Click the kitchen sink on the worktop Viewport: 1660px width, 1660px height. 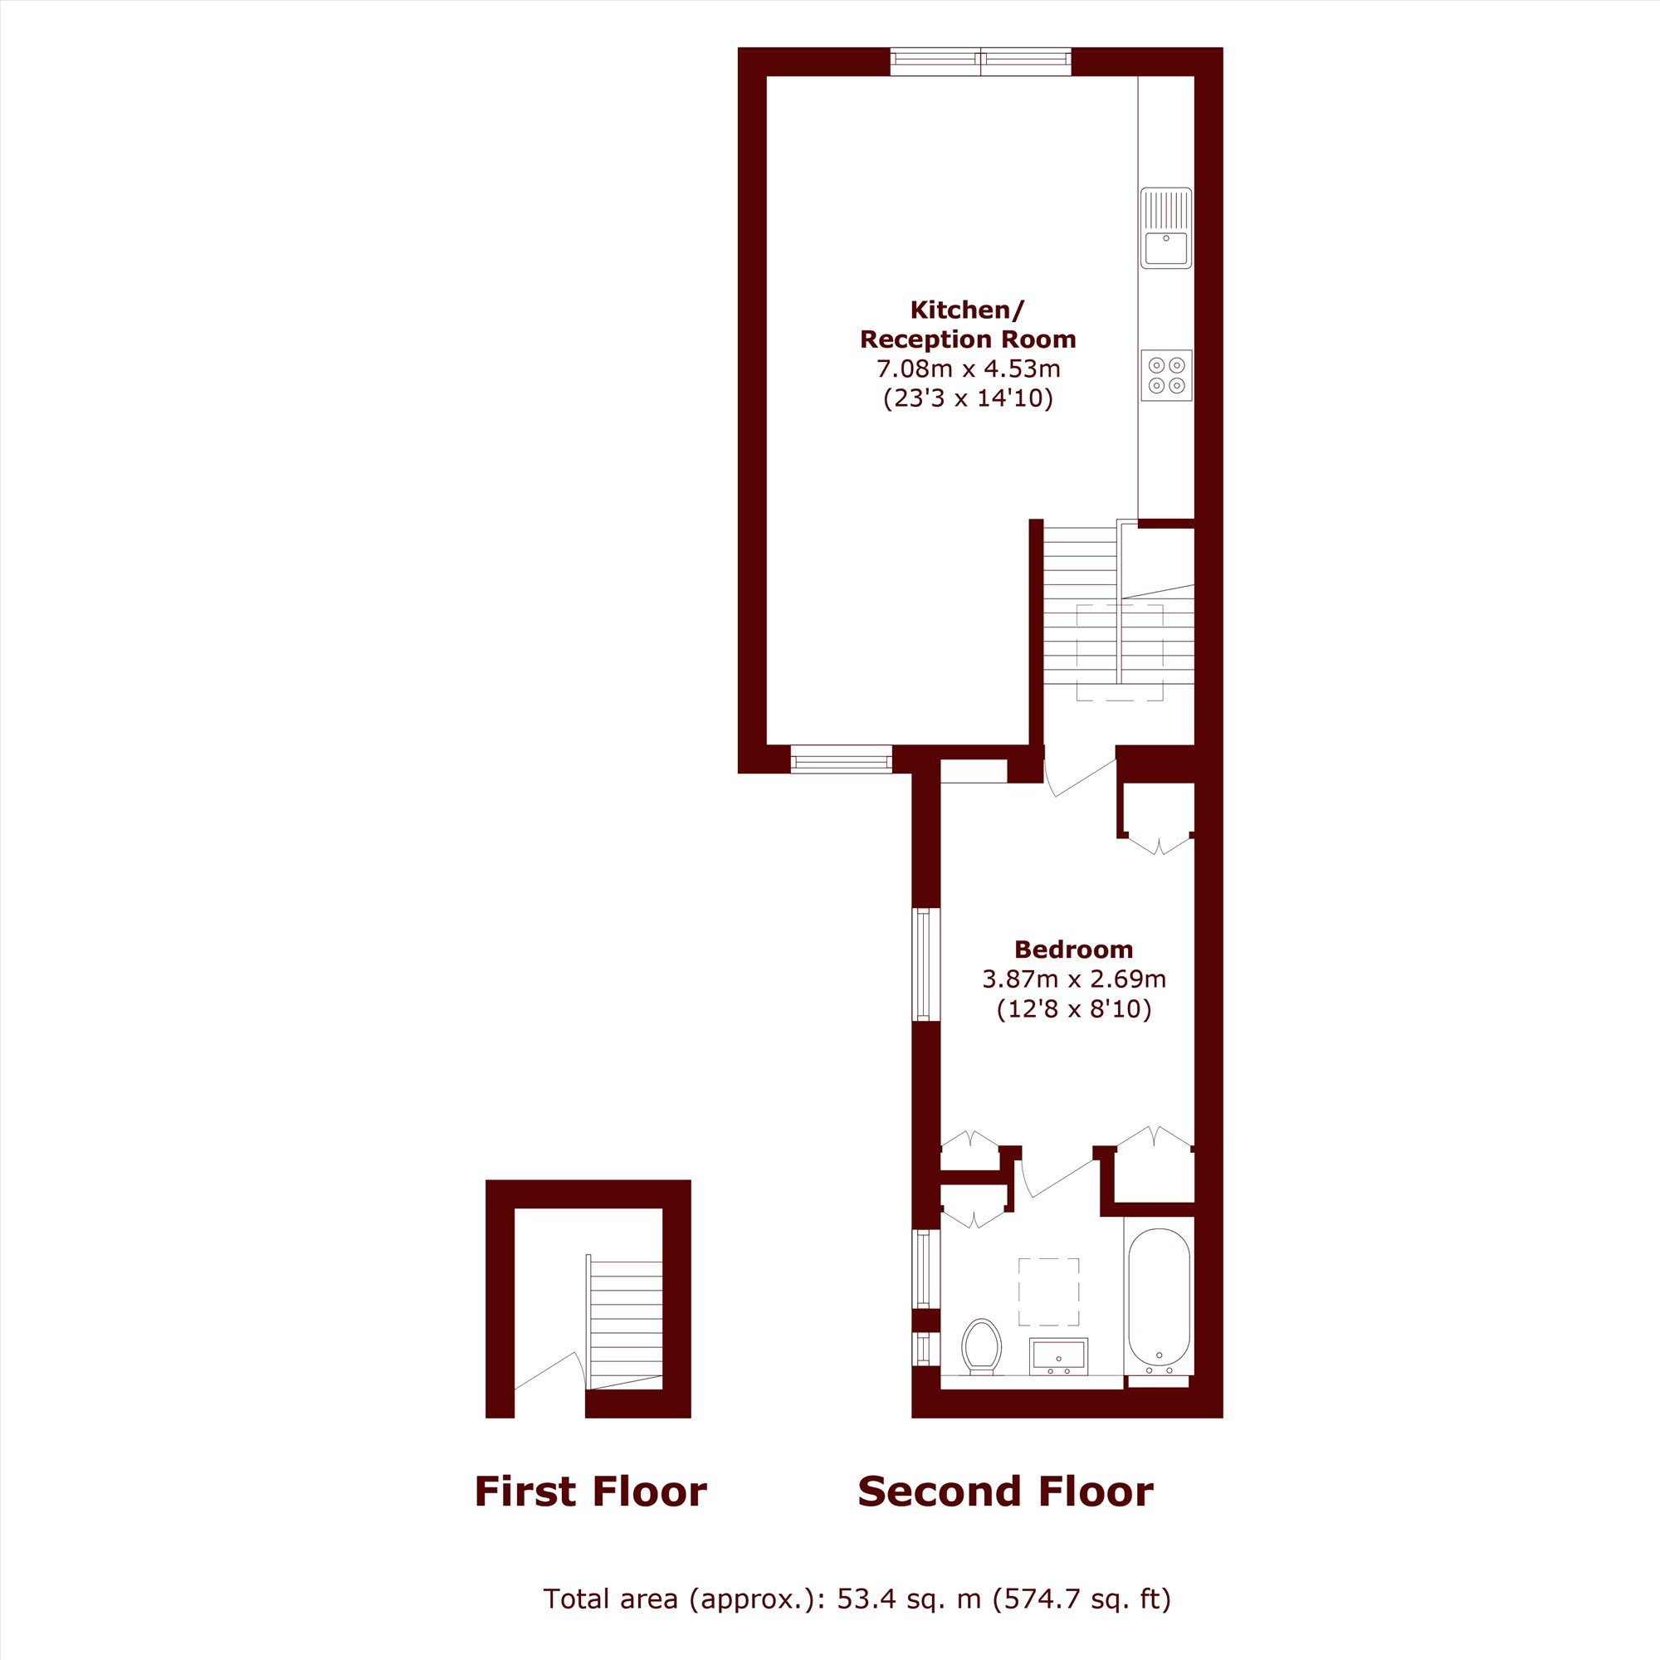pyautogui.click(x=1166, y=227)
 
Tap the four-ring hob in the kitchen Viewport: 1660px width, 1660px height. pyautogui.click(x=1167, y=375)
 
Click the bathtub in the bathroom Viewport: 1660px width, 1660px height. pyautogui.click(x=1159, y=1298)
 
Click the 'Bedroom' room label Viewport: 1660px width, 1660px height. pyautogui.click(x=1073, y=950)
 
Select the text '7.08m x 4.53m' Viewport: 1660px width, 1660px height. pyautogui.click(x=969, y=369)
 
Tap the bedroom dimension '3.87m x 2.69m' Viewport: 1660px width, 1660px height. pyautogui.click(x=1074, y=979)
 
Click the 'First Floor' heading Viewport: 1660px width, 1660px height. pyautogui.click(x=590, y=1492)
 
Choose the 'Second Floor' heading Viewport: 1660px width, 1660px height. pyautogui.click(x=1005, y=1492)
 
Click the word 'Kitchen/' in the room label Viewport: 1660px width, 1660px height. pyautogui.click(x=968, y=310)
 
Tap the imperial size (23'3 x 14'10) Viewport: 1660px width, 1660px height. pyautogui.click(x=969, y=398)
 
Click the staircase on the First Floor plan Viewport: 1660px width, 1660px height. pyautogui.click(x=626, y=1323)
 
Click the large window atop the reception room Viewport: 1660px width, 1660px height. pyautogui.click(x=980, y=62)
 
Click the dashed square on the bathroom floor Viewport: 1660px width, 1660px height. pyautogui.click(x=1048, y=1291)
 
